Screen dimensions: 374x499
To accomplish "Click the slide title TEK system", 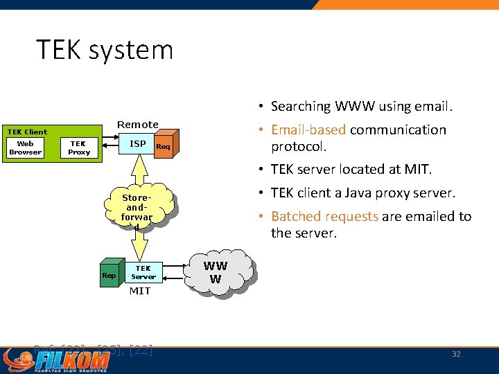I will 105,50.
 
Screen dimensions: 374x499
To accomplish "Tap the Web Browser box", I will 26,148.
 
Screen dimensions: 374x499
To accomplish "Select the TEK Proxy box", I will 79,148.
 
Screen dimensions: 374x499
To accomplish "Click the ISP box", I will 138,144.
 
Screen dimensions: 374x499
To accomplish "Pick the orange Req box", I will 163,147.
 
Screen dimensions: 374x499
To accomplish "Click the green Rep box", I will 109,276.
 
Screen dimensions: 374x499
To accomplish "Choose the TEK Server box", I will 143,273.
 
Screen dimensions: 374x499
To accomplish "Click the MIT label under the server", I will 140,291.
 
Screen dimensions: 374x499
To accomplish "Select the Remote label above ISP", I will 137,125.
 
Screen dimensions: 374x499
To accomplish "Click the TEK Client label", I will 27,132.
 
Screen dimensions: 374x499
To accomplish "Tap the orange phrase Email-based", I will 308,130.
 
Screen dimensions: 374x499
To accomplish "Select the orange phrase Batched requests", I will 324,216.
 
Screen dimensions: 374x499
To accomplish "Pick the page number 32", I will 456,354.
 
